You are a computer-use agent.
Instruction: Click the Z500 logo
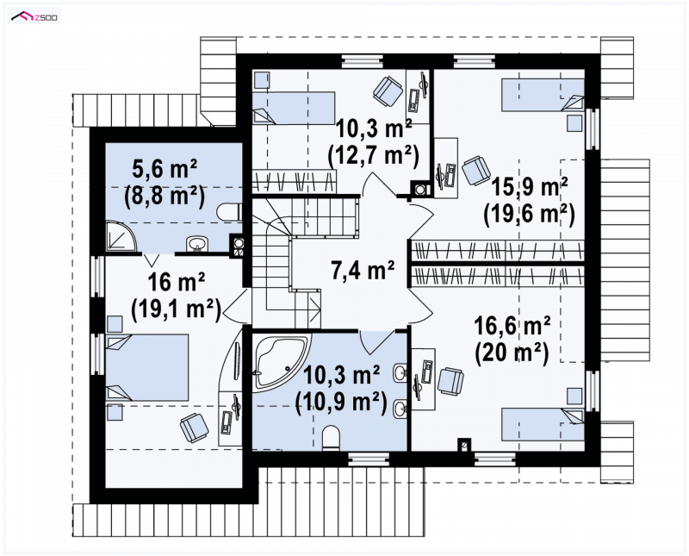(x=34, y=16)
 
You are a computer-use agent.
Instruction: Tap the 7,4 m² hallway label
(x=362, y=270)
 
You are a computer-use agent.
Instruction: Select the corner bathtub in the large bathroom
(x=282, y=361)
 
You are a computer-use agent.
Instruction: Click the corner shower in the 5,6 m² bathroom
(x=121, y=238)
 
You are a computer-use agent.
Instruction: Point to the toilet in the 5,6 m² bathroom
(x=228, y=212)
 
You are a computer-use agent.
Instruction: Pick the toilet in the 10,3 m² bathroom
(x=331, y=438)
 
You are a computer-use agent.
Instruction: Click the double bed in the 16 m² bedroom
(x=147, y=367)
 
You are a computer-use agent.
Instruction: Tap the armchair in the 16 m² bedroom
(x=195, y=427)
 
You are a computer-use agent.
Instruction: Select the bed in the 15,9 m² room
(x=543, y=95)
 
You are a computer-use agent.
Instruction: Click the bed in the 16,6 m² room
(x=543, y=424)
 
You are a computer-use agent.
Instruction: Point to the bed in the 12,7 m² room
(x=294, y=108)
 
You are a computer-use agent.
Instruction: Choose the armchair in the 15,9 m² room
(x=476, y=171)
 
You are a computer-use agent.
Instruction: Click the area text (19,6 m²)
(x=529, y=215)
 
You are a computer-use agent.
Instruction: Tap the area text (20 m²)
(x=512, y=353)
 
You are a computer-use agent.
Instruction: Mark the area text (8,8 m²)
(x=164, y=196)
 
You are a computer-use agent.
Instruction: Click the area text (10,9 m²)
(x=341, y=403)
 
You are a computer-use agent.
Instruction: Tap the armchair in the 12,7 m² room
(x=388, y=91)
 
